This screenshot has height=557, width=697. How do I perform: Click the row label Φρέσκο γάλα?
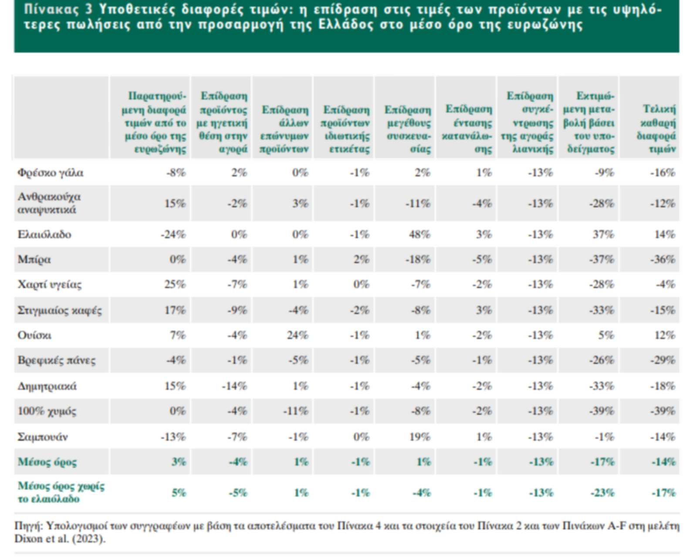(50, 173)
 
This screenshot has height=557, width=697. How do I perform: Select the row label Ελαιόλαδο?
(44, 234)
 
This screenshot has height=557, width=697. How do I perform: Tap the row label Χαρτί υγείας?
(49, 285)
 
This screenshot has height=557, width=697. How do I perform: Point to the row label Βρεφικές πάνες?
(56, 360)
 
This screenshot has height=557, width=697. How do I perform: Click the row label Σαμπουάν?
(42, 437)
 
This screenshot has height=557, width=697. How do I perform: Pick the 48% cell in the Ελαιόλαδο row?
(419, 234)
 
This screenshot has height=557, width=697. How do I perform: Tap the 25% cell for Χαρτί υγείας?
(175, 285)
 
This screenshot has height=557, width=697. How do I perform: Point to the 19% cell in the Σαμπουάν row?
(419, 437)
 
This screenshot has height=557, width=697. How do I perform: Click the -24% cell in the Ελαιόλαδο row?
(173, 234)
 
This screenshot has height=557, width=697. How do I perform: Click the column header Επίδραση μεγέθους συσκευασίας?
(408, 129)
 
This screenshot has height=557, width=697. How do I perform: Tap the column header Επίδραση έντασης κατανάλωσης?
(467, 129)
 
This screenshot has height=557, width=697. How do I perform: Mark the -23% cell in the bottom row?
(602, 493)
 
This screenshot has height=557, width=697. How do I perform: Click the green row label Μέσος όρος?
(47, 462)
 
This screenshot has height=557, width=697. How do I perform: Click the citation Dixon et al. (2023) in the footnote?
(60, 539)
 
